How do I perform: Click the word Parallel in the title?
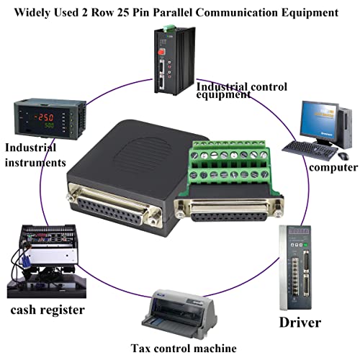pyautogui.click(x=173, y=12)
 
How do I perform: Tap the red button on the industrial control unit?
pyautogui.click(x=161, y=51)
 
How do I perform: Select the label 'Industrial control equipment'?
pyautogui.click(x=242, y=91)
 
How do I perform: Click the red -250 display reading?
pyautogui.click(x=44, y=117)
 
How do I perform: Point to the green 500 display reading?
pyautogui.click(x=49, y=125)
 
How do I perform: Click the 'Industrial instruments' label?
pyautogui.click(x=35, y=155)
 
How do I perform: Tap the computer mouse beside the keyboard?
pyautogui.click(x=343, y=156)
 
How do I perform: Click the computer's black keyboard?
pyautogui.click(x=310, y=149)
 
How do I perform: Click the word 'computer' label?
pyautogui.click(x=333, y=167)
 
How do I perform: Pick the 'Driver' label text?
pyautogui.click(x=300, y=323)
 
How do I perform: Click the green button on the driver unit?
pyautogui.click(x=305, y=245)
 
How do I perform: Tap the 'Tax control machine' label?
pyautogui.click(x=184, y=348)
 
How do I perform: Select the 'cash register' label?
pyautogui.click(x=48, y=310)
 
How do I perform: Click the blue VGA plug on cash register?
pyautogui.click(x=25, y=261)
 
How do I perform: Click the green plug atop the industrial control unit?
pyautogui.click(x=168, y=27)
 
